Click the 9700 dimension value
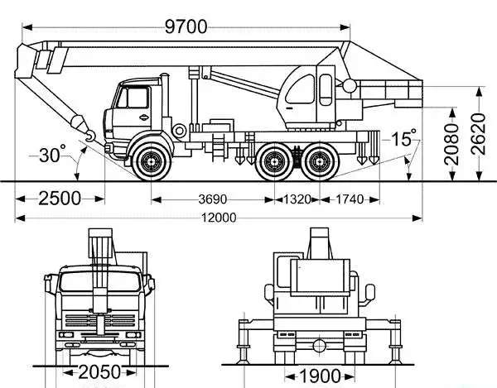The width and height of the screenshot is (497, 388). point(186,26)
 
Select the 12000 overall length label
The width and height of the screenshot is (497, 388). point(219,218)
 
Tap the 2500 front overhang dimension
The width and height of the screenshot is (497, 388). point(60,199)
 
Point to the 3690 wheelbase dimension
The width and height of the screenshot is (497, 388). point(212,199)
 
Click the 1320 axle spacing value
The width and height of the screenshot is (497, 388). point(297,199)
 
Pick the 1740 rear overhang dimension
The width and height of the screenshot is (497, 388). point(350,199)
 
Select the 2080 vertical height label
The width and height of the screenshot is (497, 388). point(451,144)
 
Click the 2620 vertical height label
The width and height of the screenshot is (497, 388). point(478,134)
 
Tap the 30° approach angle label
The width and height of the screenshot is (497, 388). point(52,154)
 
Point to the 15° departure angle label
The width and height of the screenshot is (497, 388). point(404,137)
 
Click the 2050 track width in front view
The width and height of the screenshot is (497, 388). point(99,372)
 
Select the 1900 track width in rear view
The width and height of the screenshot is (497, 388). point(320,376)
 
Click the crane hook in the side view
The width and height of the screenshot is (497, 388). point(90,136)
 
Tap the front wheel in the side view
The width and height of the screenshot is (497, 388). point(151,161)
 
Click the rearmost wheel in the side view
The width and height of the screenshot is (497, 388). point(320,161)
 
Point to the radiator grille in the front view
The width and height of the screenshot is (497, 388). point(100,320)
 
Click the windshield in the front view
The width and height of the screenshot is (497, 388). point(100,281)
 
